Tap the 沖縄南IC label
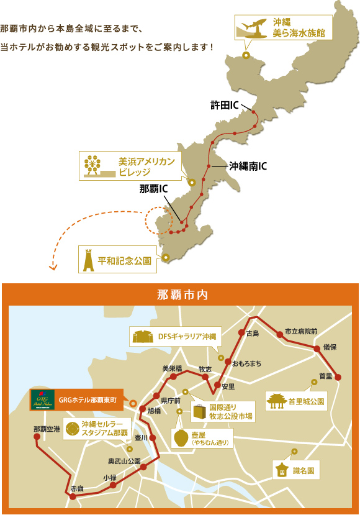248,166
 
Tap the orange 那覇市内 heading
180,294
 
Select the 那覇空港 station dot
37,437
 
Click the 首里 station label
325,376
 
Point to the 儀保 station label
329,347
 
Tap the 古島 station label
252,334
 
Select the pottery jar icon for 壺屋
181,438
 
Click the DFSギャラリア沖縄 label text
186,336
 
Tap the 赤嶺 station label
76,488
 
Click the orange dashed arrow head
53,268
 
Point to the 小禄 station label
110,476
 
